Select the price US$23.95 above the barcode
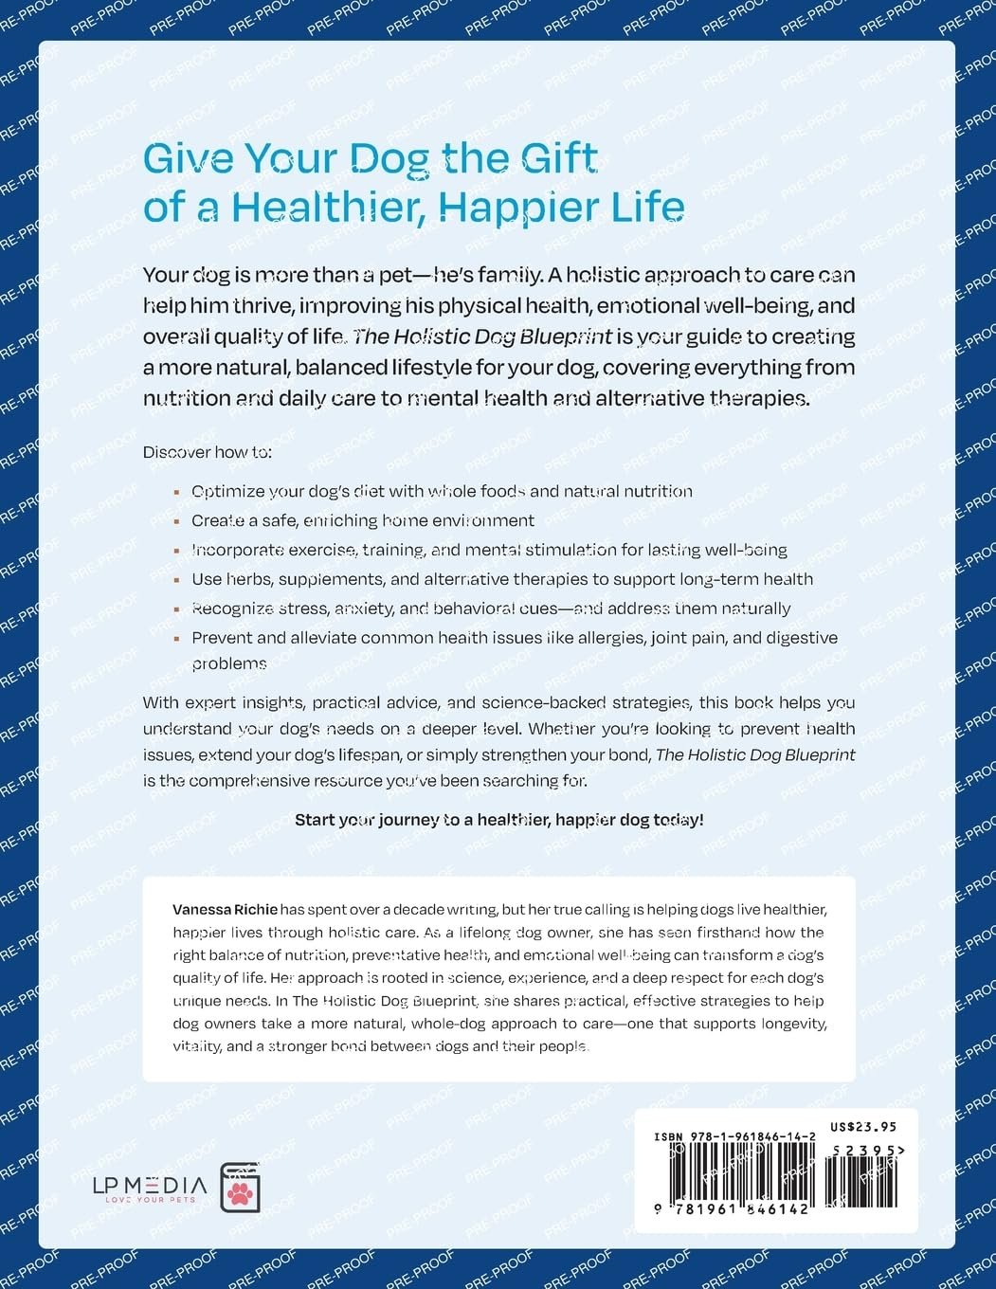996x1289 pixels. pos(862,1127)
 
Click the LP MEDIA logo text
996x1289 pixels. pos(149,1185)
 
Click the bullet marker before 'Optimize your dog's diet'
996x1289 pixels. pos(177,493)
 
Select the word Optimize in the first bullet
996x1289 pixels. pos(228,491)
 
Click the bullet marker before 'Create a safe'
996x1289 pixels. pos(177,522)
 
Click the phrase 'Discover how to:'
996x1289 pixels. pos(207,452)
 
